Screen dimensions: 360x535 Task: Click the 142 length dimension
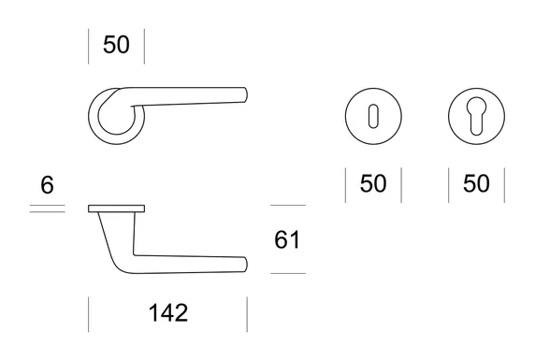[x=167, y=312]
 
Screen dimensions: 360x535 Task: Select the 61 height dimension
[x=287, y=240]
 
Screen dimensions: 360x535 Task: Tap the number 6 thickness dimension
[x=47, y=185]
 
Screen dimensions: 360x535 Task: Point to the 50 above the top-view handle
[x=117, y=45]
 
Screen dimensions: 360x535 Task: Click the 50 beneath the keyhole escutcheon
[x=373, y=184]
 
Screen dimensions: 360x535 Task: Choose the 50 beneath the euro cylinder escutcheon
[x=476, y=184]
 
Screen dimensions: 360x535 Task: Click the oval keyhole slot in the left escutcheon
[x=373, y=118]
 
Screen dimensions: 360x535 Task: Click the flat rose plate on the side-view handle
[x=117, y=207]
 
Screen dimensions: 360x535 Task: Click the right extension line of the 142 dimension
[x=247, y=314]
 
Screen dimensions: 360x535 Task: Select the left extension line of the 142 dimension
[x=89, y=314]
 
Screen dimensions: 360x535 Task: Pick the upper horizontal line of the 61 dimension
[x=287, y=206]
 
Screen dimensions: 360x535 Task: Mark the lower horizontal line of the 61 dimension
[x=287, y=273]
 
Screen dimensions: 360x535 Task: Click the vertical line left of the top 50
[x=89, y=46]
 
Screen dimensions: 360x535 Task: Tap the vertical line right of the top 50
[x=145, y=46]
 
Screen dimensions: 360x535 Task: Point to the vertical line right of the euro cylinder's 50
[x=504, y=185]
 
